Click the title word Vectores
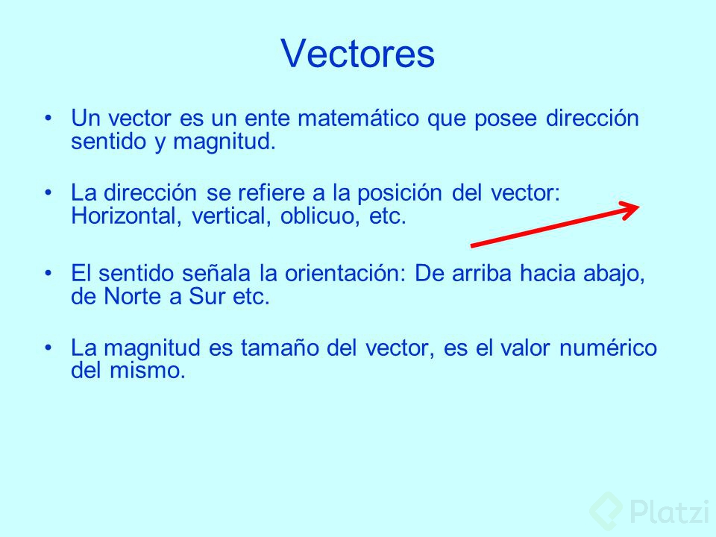358,54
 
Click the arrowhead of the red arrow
633,208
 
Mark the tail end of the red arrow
473,244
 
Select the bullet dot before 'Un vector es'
48,119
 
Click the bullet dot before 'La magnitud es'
48,348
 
